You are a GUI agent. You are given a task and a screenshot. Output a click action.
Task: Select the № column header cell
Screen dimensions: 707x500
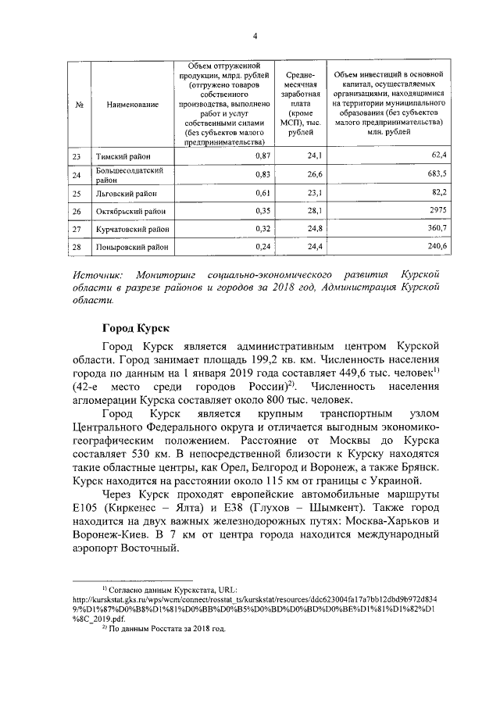click(80, 103)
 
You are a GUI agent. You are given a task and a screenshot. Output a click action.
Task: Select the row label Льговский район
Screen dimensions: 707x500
click(124, 192)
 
